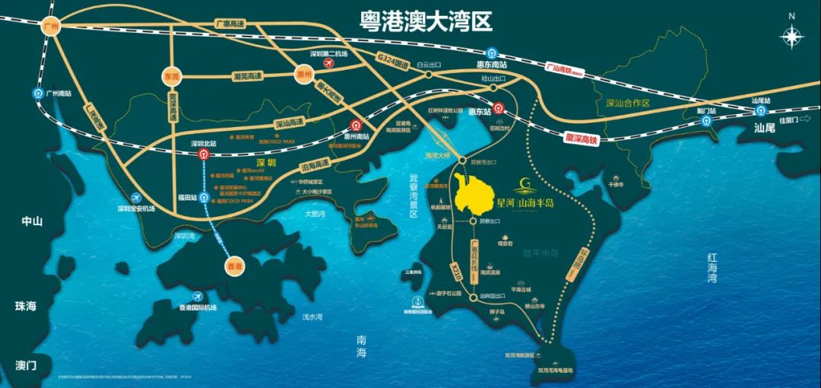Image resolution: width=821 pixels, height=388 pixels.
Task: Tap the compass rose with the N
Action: click(x=793, y=34)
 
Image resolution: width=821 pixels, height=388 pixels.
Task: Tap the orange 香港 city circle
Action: click(x=235, y=266)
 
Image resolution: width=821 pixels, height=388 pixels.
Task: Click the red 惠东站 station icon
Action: click(x=498, y=109)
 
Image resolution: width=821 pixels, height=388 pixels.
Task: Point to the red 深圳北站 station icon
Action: click(x=203, y=154)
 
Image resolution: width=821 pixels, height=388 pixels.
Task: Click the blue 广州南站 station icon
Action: click(x=37, y=93)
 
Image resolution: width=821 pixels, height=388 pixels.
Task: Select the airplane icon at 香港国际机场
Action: click(x=198, y=295)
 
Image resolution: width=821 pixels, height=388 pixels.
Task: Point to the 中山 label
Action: click(x=33, y=221)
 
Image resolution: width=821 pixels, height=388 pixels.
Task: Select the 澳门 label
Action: click(x=26, y=365)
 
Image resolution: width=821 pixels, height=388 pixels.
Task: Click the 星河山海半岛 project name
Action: click(x=525, y=204)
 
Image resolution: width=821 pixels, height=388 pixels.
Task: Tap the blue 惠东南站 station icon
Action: click(x=493, y=54)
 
